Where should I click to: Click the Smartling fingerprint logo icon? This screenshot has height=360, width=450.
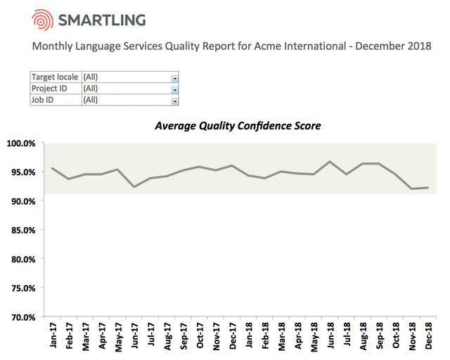coord(43,20)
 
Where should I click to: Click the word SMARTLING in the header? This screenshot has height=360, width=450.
coord(103,20)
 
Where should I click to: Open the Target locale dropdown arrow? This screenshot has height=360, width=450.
coord(175,77)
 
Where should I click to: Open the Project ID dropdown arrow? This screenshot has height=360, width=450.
coord(175,89)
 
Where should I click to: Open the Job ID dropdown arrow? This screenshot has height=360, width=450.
coord(175,101)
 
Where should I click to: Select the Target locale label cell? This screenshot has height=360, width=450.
coord(55,77)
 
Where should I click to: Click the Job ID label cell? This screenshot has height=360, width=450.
coord(55,100)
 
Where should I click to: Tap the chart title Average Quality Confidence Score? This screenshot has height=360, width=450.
coord(238,127)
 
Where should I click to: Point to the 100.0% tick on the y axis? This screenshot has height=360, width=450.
coord(21,143)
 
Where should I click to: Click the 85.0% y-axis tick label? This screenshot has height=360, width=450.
coord(21,230)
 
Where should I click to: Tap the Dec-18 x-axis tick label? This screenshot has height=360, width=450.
coord(426,335)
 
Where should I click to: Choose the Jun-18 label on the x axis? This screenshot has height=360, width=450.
coord(329,335)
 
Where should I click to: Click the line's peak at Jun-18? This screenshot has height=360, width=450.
coord(329,162)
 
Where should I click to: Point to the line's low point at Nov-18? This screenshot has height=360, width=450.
coord(411,188)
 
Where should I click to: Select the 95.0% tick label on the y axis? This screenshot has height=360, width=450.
coord(21,172)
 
